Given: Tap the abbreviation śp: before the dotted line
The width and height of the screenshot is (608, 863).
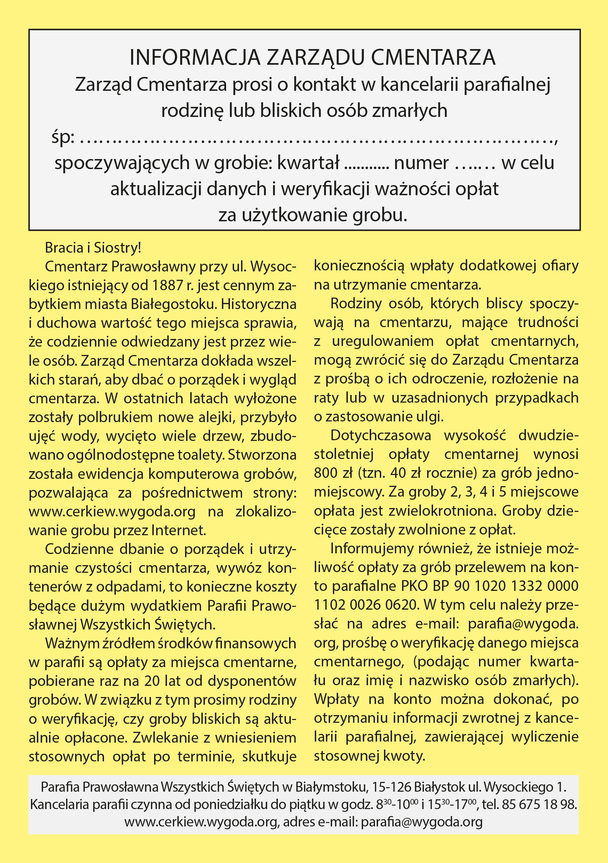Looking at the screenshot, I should tap(63, 137).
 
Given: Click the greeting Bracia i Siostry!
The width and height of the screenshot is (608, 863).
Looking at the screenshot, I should tap(93, 248).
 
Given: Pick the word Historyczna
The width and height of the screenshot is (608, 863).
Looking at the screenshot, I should tap(258, 304).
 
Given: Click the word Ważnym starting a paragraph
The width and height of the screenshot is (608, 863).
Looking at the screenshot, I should tap(71, 643).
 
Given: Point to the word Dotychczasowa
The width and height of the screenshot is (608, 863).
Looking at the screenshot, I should tap(381, 435).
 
